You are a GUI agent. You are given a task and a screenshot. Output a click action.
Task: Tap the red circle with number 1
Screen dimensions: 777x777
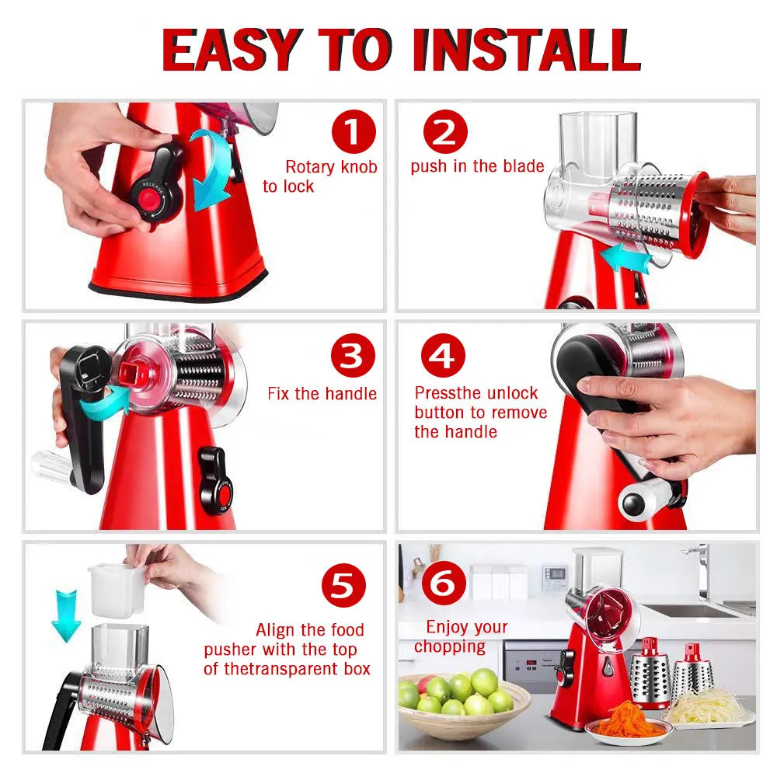coord(354,132)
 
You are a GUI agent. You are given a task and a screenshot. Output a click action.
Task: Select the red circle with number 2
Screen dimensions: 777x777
coord(444,132)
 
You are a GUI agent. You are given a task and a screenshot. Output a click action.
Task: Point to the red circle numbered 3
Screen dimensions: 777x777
coord(353,357)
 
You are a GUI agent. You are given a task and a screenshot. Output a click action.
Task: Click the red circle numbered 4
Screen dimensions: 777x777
coord(443,357)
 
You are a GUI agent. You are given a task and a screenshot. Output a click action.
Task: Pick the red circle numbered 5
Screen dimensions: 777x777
coord(343,585)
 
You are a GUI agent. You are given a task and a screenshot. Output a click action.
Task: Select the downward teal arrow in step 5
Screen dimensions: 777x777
coord(66,614)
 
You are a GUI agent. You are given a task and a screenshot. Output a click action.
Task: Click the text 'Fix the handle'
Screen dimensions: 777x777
coord(322,394)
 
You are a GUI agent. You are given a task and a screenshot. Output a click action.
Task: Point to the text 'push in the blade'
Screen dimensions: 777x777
coord(477,166)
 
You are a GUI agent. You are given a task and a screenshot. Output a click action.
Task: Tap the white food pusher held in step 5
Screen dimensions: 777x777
coord(117,588)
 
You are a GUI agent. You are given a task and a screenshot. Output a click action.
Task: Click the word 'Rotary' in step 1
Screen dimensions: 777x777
coord(308,166)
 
